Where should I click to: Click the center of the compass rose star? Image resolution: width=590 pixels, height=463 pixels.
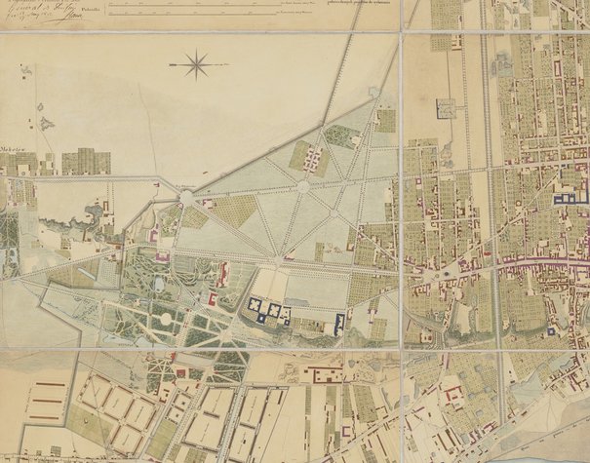pyautogui.click(x=196, y=65)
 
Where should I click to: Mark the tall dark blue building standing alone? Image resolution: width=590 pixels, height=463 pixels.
pyautogui.click(x=339, y=323)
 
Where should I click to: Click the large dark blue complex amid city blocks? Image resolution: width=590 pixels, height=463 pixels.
pyautogui.click(x=564, y=198)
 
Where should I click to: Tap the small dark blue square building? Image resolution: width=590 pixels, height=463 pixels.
pyautogui.click(x=551, y=331)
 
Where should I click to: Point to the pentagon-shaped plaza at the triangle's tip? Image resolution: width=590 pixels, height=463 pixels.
pyautogui.click(x=375, y=93)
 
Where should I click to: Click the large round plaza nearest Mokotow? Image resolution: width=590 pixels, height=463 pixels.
pyautogui.click(x=185, y=198)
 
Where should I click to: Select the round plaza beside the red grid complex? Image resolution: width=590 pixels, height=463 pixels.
pyautogui.click(x=303, y=183)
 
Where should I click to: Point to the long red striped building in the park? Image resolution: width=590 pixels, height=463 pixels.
pyautogui.click(x=223, y=274)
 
